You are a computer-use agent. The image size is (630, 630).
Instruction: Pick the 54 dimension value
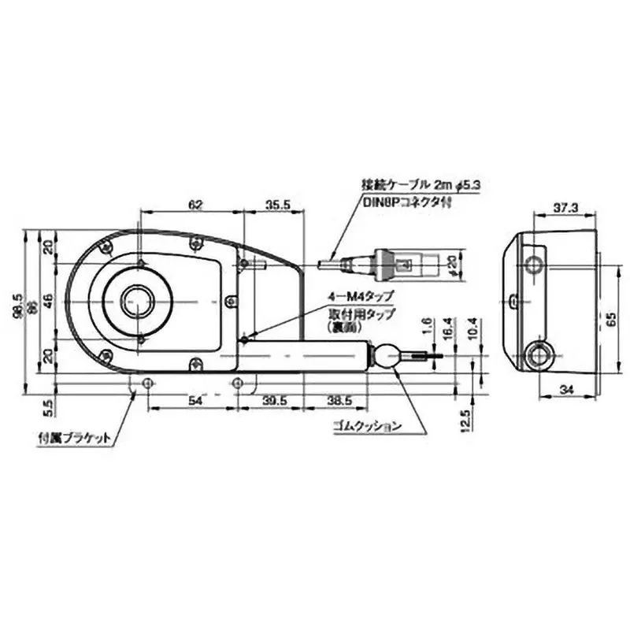[191, 402]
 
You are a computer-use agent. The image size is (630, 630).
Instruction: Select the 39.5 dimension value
[275, 402]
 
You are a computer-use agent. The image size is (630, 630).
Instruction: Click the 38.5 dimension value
[339, 402]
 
